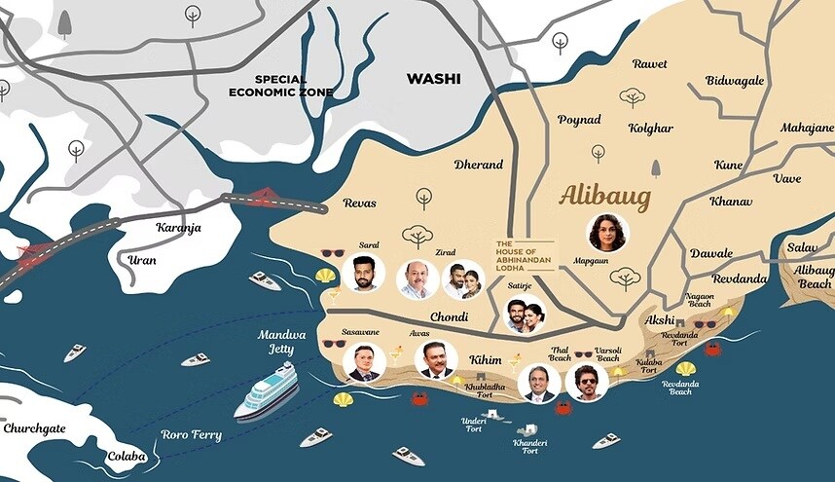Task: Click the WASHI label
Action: pos(433,79)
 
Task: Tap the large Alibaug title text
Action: pos(604,196)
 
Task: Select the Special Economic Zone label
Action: pos(280,86)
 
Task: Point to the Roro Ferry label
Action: pos(192,435)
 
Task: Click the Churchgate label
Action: pos(34,427)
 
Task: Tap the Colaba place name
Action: pos(127,456)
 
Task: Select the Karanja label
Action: pos(180,227)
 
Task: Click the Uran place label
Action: pos(142,260)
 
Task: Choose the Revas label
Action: pos(359,203)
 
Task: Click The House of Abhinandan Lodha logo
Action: pos(525,254)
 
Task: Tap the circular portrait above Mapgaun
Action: pos(608,233)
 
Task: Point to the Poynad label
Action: pos(579,119)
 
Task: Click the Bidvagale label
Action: pos(735,81)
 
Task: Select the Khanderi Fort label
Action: pos(529,446)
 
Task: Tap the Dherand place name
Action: pos(478,165)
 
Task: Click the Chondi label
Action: pos(449,316)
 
